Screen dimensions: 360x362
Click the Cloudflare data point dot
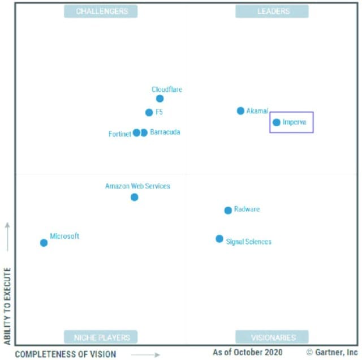[x=160, y=98]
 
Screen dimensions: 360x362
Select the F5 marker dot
[x=149, y=112]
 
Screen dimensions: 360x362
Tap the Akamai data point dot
[x=240, y=111]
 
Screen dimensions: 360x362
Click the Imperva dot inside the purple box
[x=276, y=122]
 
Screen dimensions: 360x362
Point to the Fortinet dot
[x=136, y=133]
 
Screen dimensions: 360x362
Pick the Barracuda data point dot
[x=144, y=133]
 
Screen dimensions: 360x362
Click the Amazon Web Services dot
[x=134, y=197]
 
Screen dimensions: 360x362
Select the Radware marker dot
[x=228, y=210]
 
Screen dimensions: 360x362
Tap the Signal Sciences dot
[x=219, y=239]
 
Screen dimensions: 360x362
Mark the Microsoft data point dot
[x=44, y=243]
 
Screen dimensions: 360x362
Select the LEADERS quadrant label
[x=272, y=11]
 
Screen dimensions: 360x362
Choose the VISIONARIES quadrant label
[x=272, y=337]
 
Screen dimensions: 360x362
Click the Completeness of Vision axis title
[x=65, y=354]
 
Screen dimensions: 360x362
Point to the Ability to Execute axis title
[x=7, y=306]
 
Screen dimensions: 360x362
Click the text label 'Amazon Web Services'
[x=137, y=186]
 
